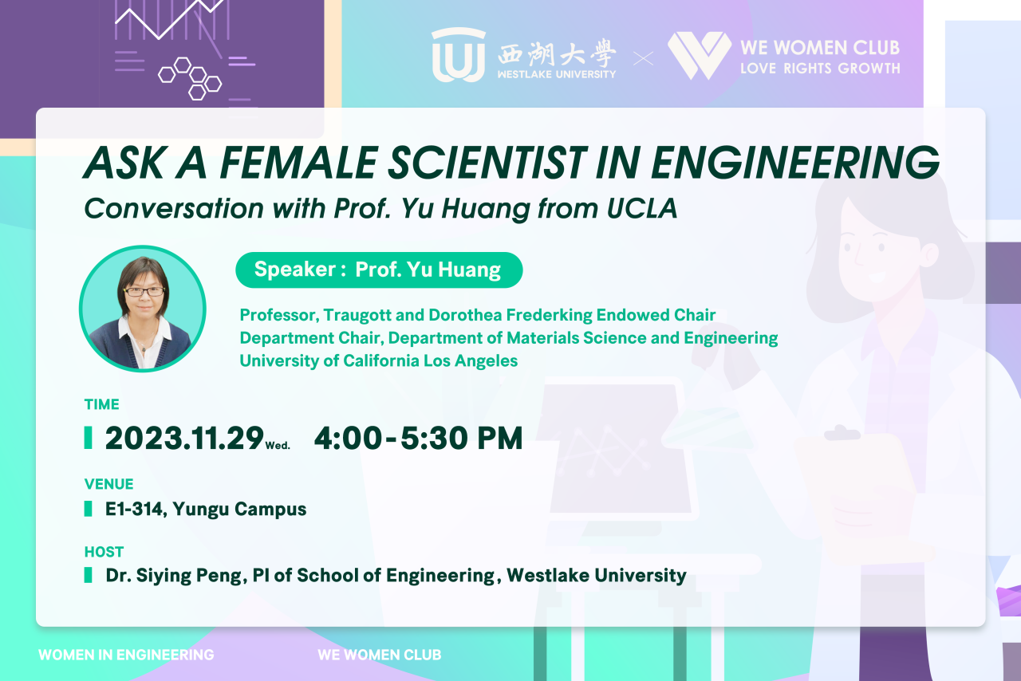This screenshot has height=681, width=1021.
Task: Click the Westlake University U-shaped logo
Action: [x=458, y=55]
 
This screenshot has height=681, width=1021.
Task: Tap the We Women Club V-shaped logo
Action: [x=700, y=55]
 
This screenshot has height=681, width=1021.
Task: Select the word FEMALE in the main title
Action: [x=298, y=163]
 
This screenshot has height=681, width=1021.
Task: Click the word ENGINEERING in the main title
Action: [x=795, y=163]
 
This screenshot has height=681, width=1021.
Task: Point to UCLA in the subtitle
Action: [x=642, y=208]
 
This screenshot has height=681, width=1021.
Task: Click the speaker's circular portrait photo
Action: [x=143, y=309]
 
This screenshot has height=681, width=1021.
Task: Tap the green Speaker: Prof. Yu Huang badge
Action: [x=379, y=270]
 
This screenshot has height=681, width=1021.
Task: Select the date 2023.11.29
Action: [x=184, y=438]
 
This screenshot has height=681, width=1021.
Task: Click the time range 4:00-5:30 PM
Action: [x=419, y=438]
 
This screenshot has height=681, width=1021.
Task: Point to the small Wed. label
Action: [x=278, y=445]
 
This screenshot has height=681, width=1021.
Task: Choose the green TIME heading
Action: [x=101, y=404]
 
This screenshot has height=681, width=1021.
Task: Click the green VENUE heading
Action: [x=109, y=483]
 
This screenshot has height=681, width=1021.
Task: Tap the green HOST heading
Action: [x=104, y=552]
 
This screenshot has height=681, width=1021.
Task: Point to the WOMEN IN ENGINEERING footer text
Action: [x=126, y=655]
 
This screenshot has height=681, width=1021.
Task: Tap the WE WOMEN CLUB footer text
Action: [x=379, y=655]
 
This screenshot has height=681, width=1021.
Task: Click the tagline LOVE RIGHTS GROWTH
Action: [x=820, y=69]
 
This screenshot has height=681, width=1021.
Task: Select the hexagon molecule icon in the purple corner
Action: [x=190, y=78]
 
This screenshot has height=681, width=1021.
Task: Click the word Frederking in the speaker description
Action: [x=549, y=314]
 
